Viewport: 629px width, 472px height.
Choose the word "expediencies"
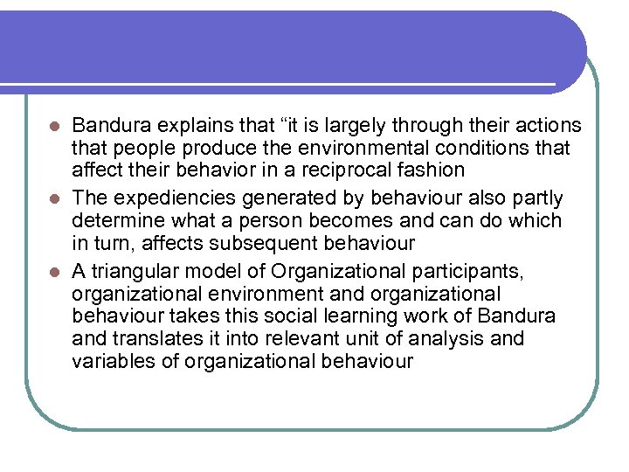click(x=172, y=198)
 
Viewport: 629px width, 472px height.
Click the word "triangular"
click(x=138, y=270)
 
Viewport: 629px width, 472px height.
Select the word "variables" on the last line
click(x=111, y=360)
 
